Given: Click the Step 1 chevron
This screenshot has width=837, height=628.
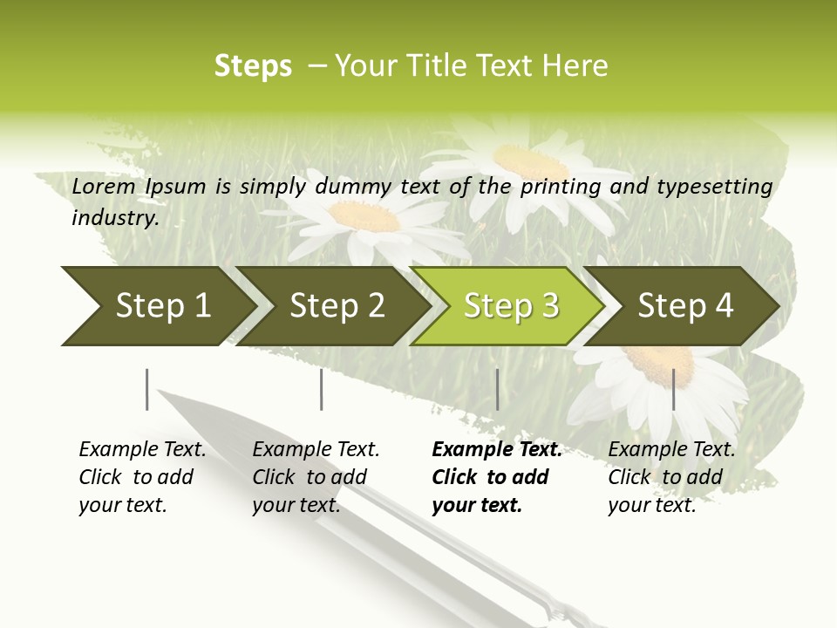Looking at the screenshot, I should tap(157, 306).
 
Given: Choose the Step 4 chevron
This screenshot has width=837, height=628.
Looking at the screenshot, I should tap(684, 306).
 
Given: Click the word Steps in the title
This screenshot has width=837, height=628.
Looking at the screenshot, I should tap(253, 65).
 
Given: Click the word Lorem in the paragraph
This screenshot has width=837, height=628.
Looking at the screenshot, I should tap(104, 186).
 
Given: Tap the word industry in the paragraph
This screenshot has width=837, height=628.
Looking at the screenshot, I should tap(114, 217).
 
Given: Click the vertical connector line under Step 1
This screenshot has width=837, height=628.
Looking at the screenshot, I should tap(147, 389).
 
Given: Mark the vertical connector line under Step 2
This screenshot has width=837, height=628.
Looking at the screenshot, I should tap(322, 389).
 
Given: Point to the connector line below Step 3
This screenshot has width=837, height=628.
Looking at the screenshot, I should tap(497, 389).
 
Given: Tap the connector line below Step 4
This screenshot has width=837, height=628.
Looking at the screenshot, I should tap(673, 389).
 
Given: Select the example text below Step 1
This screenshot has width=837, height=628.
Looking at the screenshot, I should tap(142, 477).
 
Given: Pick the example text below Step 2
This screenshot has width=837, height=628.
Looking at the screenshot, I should tap(316, 477).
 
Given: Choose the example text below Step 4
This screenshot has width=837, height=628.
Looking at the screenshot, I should tap(671, 477).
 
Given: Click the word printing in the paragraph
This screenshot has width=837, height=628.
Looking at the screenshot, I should tap(560, 186).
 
